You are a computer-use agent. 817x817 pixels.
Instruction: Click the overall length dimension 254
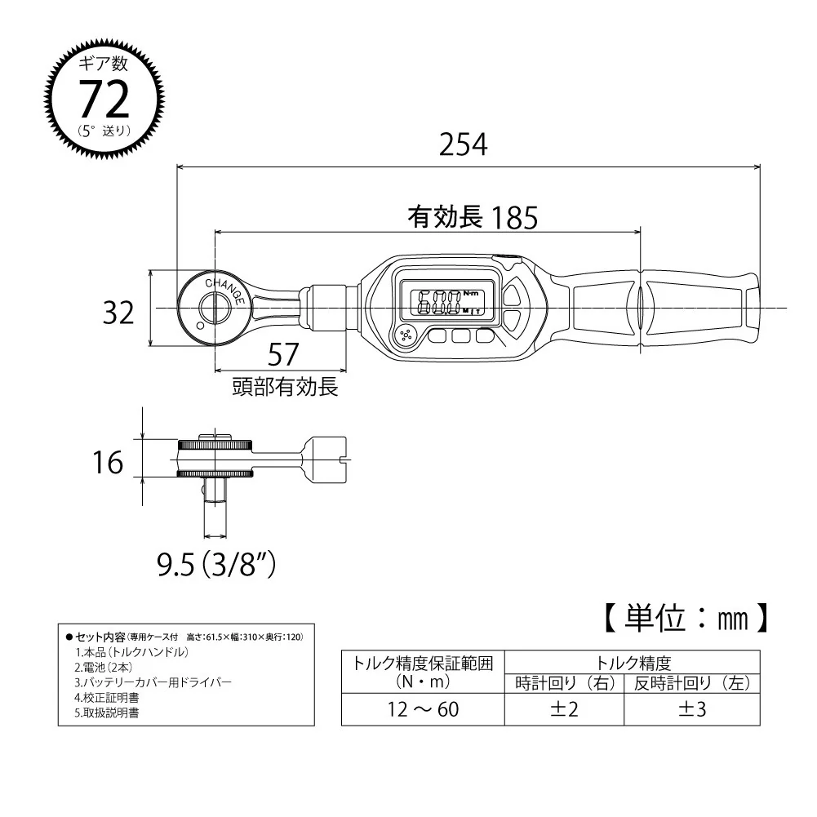(x=464, y=144)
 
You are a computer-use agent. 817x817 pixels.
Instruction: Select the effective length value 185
(x=514, y=217)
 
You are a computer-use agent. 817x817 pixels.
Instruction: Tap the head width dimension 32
(x=118, y=313)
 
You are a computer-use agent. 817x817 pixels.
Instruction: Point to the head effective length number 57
(x=283, y=354)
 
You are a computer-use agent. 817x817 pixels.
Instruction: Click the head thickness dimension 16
(x=108, y=463)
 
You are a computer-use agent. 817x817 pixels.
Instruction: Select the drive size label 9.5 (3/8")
(x=216, y=564)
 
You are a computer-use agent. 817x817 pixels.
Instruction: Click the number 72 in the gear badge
(x=104, y=99)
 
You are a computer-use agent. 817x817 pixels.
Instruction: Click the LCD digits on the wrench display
(x=440, y=303)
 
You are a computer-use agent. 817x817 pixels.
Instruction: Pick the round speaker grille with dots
(x=406, y=335)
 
